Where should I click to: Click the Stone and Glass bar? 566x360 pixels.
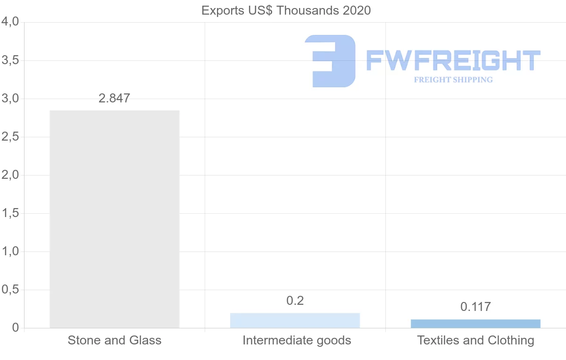click(115, 219)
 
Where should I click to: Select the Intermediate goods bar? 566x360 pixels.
click(295, 320)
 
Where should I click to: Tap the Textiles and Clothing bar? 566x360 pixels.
click(475, 324)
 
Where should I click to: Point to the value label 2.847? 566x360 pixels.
click(114, 99)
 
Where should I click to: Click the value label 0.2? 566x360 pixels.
click(295, 301)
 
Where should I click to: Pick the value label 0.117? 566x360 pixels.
click(475, 307)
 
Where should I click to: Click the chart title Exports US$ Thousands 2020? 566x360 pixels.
click(286, 10)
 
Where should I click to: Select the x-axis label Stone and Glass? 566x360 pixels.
click(115, 340)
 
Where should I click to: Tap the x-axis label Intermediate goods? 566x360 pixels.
click(297, 340)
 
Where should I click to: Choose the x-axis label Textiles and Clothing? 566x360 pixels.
click(475, 340)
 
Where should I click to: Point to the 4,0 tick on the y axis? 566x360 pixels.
click(10, 22)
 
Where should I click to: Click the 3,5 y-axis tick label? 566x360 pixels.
click(10, 60)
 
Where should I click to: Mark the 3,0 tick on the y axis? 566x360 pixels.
click(10, 99)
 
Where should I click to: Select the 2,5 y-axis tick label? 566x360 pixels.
click(10, 137)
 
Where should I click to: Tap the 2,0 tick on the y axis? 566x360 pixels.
click(10, 175)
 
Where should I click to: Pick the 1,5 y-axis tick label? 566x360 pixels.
click(10, 213)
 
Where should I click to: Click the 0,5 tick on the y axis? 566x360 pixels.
click(10, 290)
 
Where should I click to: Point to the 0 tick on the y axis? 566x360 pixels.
click(15, 328)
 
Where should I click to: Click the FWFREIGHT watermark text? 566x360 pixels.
click(453, 60)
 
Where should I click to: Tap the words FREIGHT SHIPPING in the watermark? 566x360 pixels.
click(453, 80)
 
